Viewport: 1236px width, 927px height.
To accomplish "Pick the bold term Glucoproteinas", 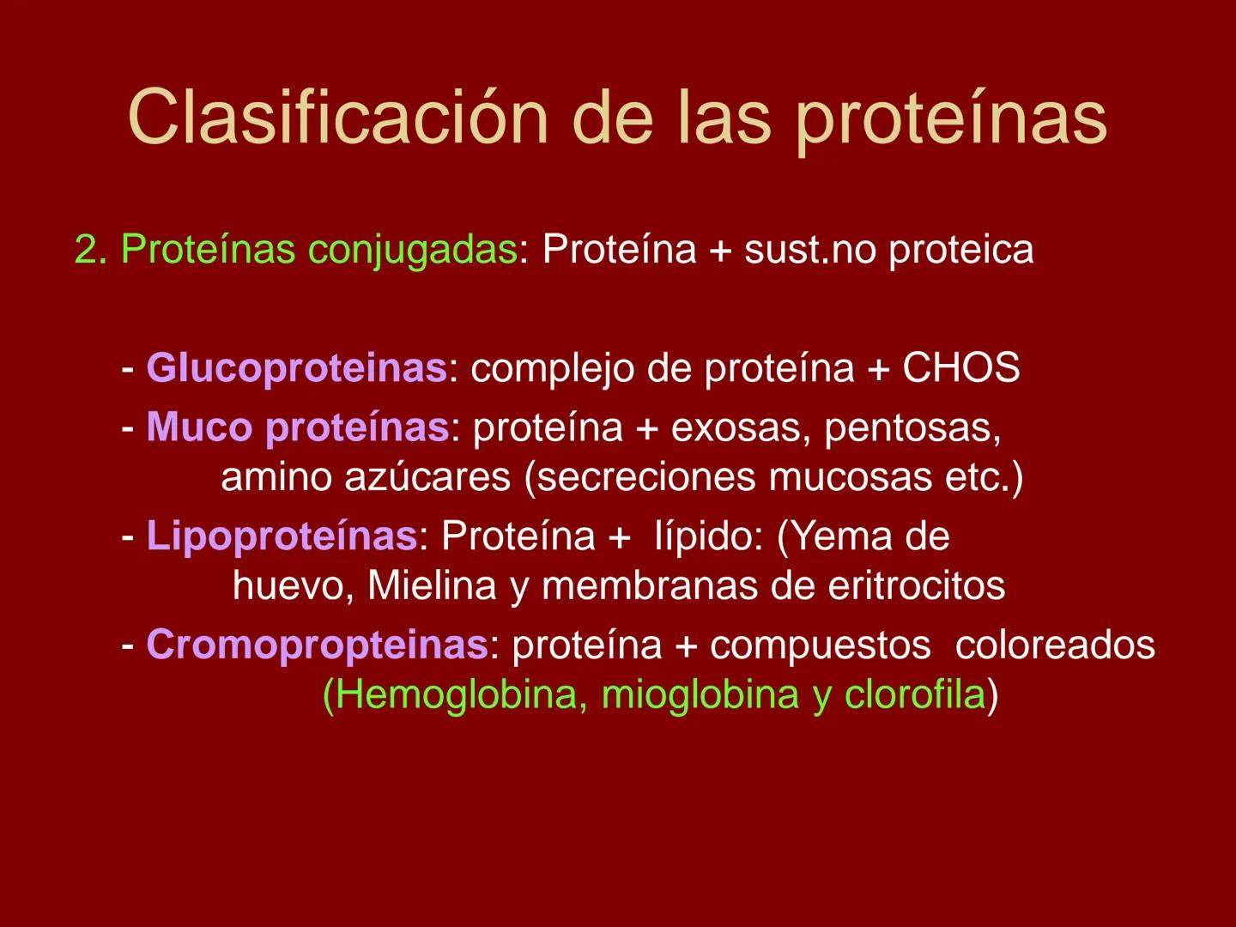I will point(296,369).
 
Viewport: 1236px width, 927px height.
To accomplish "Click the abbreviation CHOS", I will point(960,368).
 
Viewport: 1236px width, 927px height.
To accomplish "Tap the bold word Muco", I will point(199,427).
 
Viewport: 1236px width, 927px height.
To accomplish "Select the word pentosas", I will point(912,428).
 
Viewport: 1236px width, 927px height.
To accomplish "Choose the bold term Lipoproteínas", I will point(282,536).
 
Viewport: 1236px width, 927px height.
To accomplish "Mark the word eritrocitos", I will point(916,586).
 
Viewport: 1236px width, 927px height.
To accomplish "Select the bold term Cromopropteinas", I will point(317,645).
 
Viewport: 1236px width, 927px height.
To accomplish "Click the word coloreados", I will point(1055,645).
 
